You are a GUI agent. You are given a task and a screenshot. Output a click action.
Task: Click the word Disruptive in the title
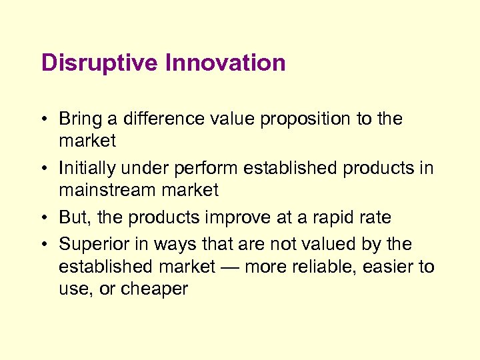point(99,63)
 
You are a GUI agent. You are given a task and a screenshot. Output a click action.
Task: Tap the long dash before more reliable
point(229,267)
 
